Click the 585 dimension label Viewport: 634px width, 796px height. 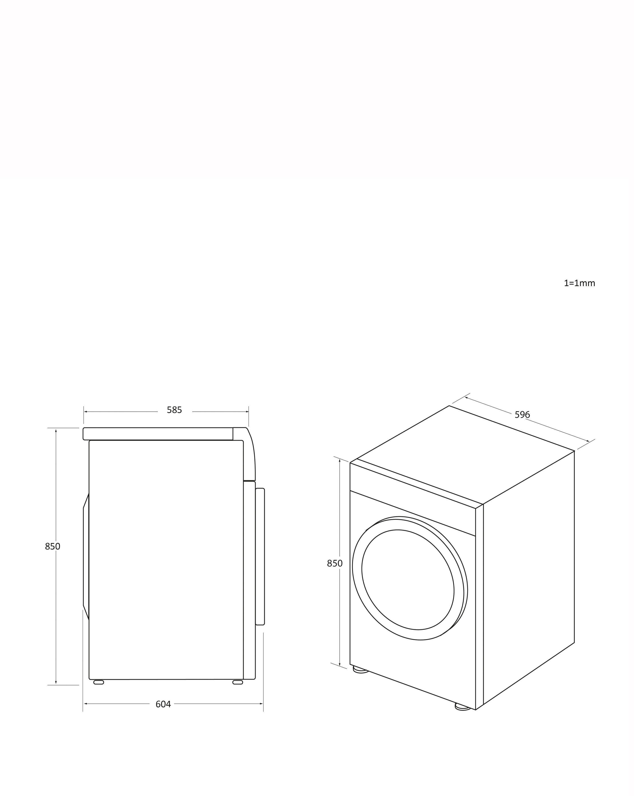click(174, 410)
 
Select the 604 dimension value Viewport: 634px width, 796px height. click(163, 704)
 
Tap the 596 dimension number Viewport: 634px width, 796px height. click(522, 415)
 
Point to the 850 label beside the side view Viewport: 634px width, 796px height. click(52, 546)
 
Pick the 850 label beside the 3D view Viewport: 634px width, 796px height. click(335, 563)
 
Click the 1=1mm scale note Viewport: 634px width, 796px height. click(579, 283)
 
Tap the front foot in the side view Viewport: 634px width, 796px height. click(238, 682)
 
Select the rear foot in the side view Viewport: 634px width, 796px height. click(99, 682)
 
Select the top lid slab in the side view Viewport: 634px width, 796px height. click(158, 434)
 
